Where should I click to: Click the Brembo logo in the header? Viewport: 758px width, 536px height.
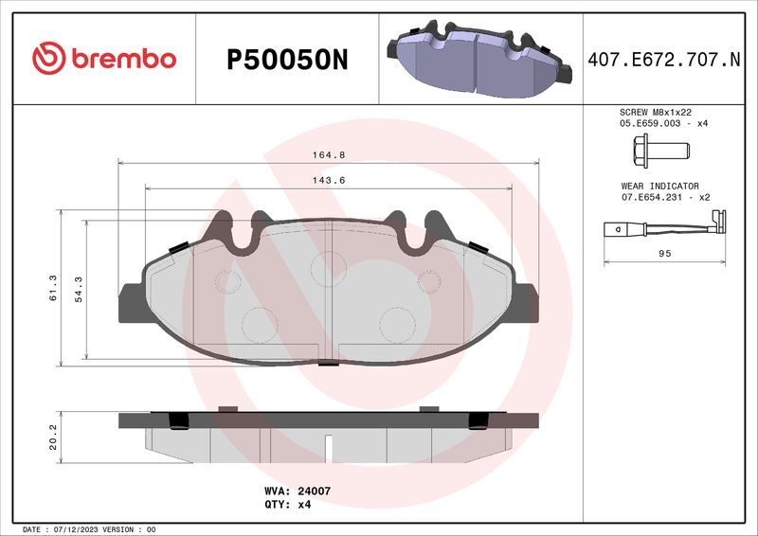(104, 58)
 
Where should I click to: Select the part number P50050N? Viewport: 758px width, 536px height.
(287, 60)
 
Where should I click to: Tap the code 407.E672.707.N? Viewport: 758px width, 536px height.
(664, 60)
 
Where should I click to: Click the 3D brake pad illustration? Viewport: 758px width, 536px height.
(479, 58)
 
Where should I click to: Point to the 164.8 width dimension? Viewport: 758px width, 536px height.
(329, 155)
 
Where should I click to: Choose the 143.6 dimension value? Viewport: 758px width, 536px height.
(329, 180)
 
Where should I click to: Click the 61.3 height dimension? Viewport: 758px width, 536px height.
(53, 288)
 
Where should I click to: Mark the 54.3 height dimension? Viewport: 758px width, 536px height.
(79, 290)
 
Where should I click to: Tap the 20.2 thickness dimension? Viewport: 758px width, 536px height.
(53, 438)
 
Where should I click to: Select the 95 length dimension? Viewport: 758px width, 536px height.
(665, 253)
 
